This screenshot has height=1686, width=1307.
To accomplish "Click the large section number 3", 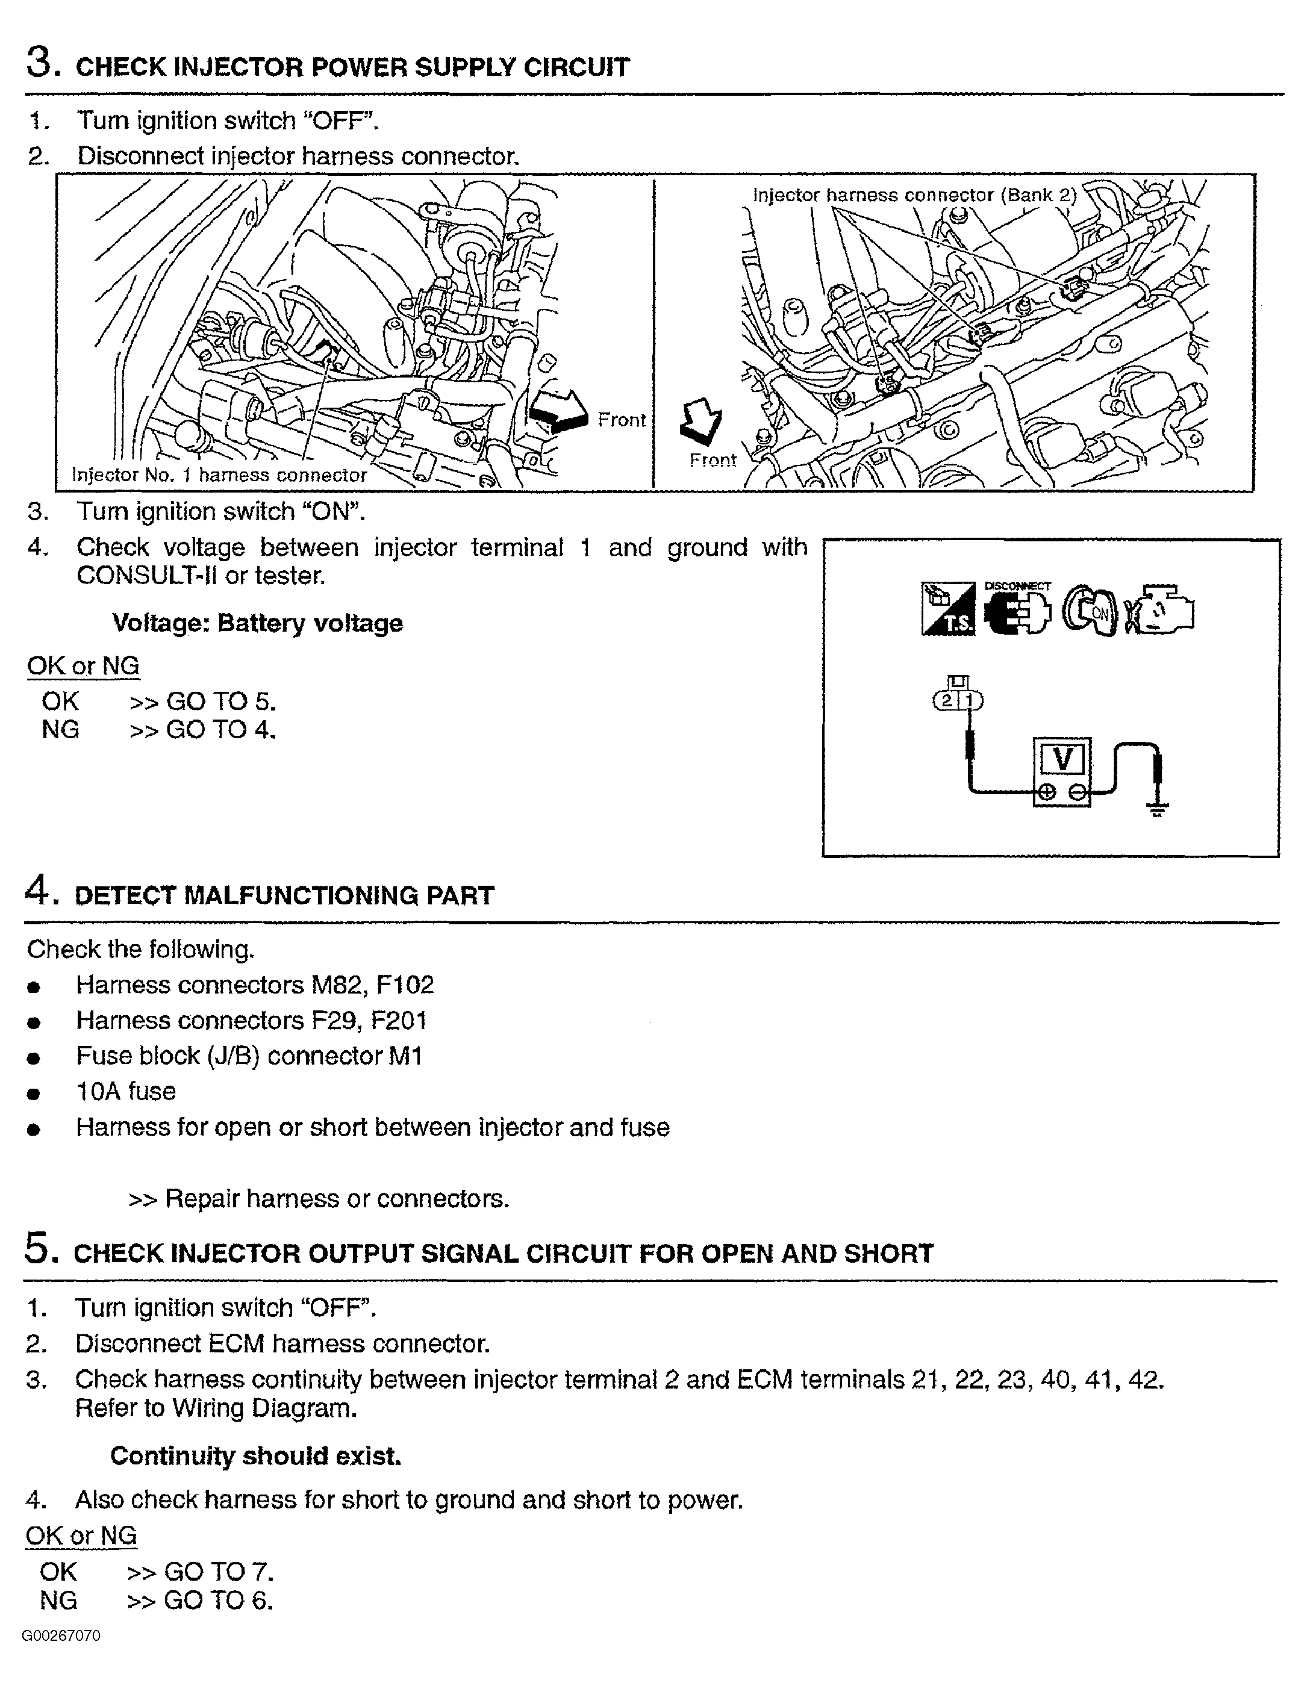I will tap(40, 62).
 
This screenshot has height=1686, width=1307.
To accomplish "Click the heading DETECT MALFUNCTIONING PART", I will tap(284, 895).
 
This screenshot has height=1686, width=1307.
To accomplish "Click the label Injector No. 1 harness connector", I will tap(219, 474).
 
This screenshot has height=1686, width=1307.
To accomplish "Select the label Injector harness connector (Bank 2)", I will tap(914, 195).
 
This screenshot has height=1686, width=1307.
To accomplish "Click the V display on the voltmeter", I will tap(1062, 760).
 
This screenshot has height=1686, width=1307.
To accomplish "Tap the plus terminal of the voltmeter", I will tap(1046, 792).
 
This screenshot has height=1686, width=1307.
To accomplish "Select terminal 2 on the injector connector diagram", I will tap(946, 701).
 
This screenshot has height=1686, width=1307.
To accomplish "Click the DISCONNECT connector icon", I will tap(1017, 610).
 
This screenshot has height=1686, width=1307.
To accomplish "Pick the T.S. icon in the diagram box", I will tap(948, 610).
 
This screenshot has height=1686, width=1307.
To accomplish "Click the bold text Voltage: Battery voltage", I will tap(257, 623).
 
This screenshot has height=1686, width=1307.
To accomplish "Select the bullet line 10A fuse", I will tap(126, 1092).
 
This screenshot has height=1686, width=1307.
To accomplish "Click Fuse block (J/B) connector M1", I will tap(249, 1056).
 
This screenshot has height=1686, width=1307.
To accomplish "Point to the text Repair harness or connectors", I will tap(337, 1199).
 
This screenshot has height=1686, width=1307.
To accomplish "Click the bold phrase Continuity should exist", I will tap(255, 1456).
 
